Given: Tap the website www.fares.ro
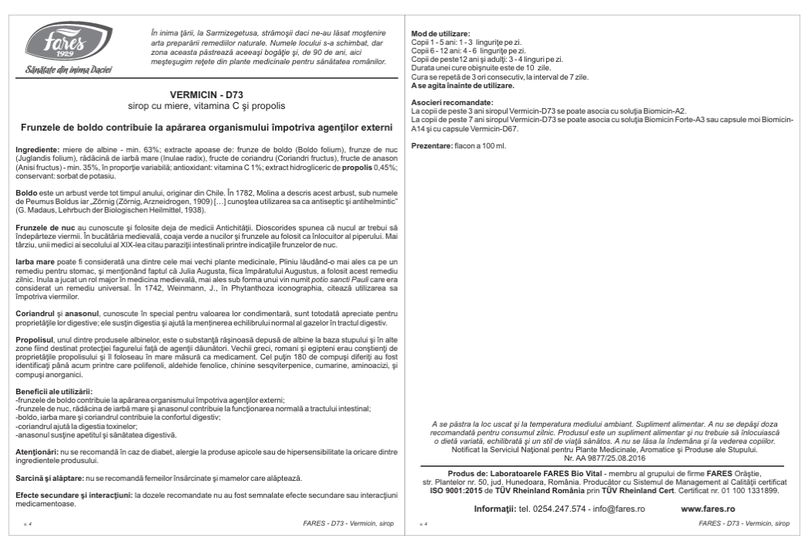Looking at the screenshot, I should click(708, 509).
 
